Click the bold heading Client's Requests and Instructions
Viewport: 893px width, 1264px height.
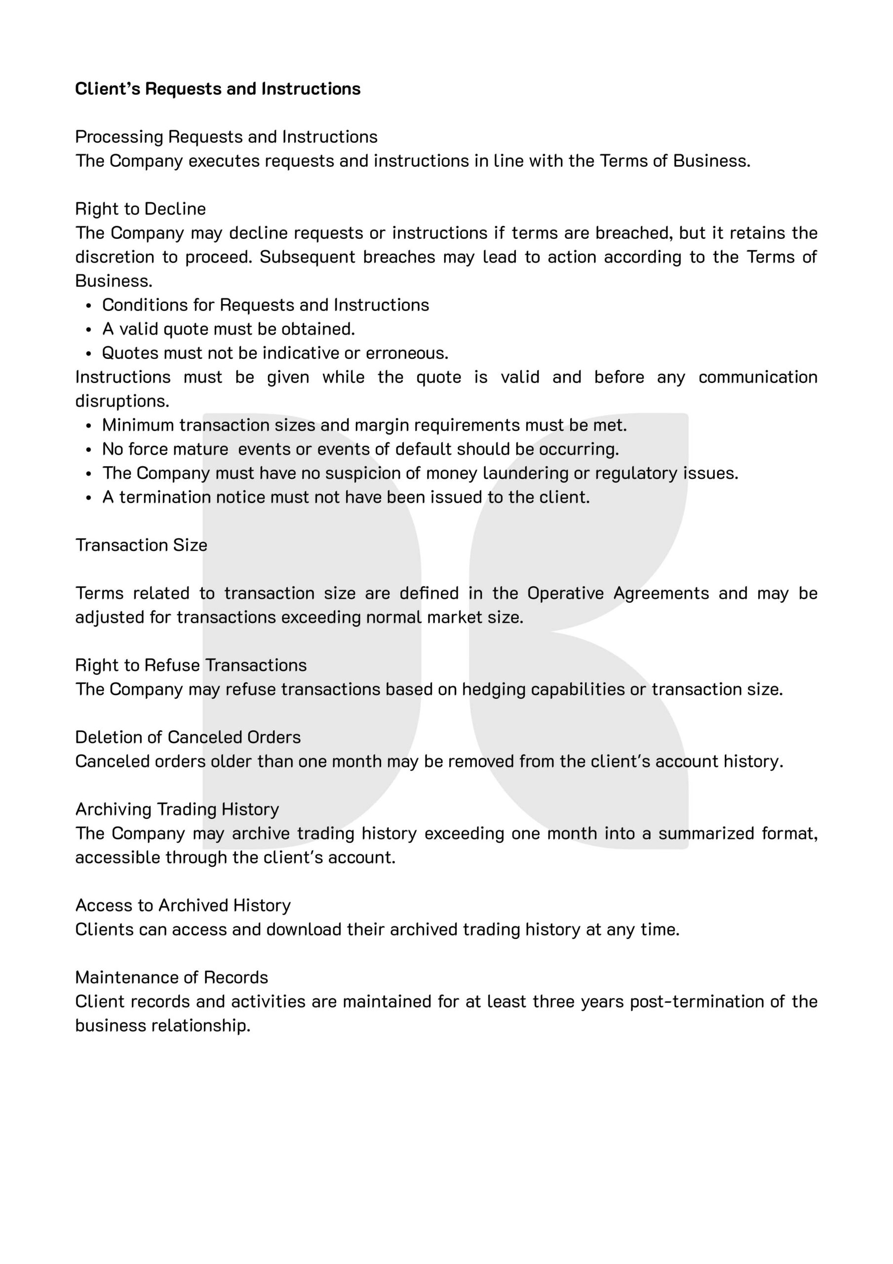coord(218,89)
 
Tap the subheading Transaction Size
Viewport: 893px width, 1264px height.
coord(142,545)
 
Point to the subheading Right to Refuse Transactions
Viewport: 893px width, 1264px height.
coord(191,665)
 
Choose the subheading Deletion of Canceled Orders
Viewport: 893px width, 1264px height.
coord(188,737)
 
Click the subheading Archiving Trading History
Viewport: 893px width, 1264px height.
coord(177,809)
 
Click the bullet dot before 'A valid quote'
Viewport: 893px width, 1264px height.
coord(89,330)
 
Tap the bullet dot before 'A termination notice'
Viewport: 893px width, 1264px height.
coord(89,498)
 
